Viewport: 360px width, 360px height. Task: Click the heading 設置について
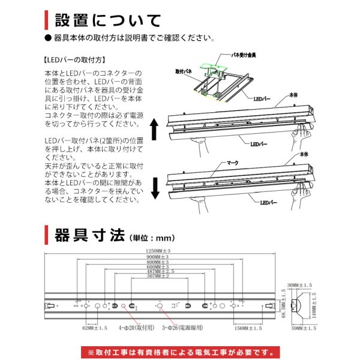click(x=108, y=20)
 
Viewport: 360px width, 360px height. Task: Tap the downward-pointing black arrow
click(x=154, y=187)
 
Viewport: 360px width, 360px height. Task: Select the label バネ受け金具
click(x=244, y=55)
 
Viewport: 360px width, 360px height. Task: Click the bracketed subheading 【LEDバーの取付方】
click(x=76, y=60)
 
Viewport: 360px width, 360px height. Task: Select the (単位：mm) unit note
click(x=153, y=236)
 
